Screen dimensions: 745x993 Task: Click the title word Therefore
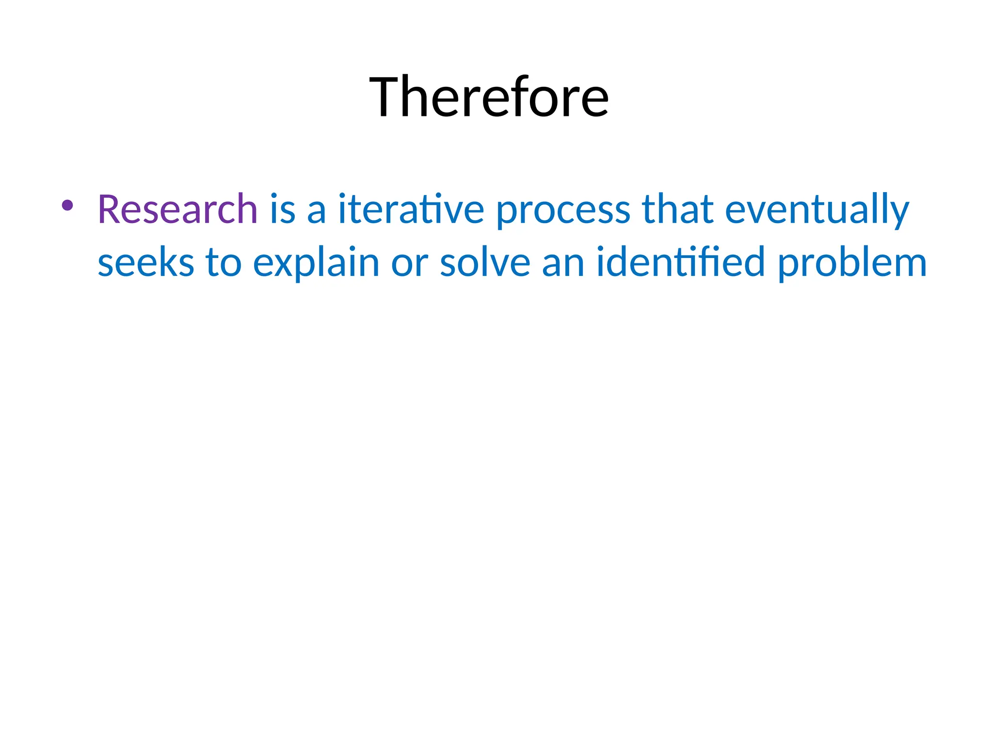point(489,97)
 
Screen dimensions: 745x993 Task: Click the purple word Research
point(177,210)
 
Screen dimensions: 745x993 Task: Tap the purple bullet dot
point(67,206)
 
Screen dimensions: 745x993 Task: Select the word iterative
point(411,210)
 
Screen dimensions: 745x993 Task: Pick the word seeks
point(145,262)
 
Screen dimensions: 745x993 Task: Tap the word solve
point(485,262)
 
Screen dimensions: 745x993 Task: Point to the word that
point(677,210)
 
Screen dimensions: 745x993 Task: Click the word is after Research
point(283,210)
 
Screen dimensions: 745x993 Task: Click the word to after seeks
point(224,262)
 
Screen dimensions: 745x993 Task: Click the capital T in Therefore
point(390,97)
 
